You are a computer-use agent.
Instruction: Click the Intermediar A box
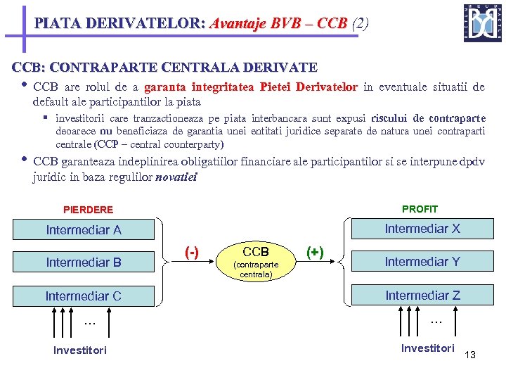tap(84, 229)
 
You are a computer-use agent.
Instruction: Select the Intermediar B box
tap(84, 262)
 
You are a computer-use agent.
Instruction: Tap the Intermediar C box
tap(84, 296)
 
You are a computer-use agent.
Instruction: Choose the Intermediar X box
tap(422, 228)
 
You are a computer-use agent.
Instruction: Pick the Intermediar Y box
tap(422, 261)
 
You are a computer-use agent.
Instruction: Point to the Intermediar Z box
tap(422, 295)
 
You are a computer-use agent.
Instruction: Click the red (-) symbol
tap(191, 252)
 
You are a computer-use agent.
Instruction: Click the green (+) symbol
tap(315, 252)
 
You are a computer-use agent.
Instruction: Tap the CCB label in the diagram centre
tap(256, 251)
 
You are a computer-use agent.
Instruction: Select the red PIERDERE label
tap(88, 210)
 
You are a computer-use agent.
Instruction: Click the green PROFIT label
tap(420, 209)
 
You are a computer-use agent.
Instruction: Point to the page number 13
tap(470, 355)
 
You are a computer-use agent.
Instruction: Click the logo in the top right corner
tap(483, 23)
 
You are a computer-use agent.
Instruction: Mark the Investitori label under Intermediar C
tap(80, 350)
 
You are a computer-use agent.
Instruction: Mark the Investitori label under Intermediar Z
tap(428, 348)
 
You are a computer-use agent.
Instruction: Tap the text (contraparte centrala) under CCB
tap(256, 270)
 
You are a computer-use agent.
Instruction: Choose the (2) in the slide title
tap(360, 23)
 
